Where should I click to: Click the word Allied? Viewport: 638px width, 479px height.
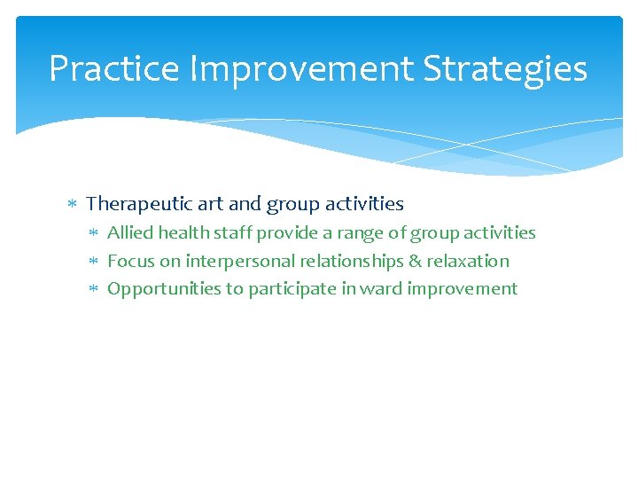(x=130, y=232)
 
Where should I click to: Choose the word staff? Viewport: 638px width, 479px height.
(x=231, y=232)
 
